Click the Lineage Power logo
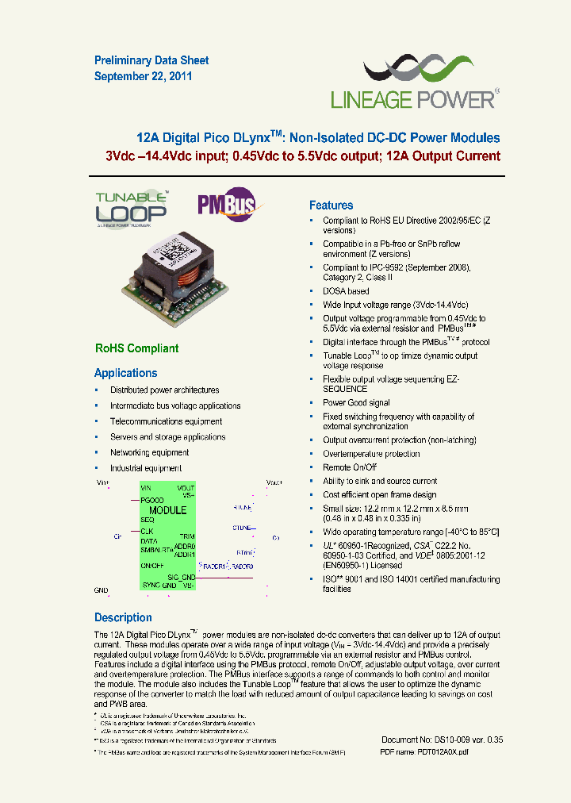pyautogui.click(x=414, y=84)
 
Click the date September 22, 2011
pyautogui.click(x=143, y=77)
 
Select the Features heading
pyautogui.click(x=331, y=205)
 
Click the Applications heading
pyautogui.click(x=125, y=373)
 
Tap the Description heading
pyautogui.click(x=123, y=617)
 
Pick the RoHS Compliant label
pyautogui.click(x=136, y=348)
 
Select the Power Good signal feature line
pyautogui.click(x=356, y=403)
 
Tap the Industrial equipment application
pyautogui.click(x=146, y=468)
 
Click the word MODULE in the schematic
pyautogui.click(x=167, y=510)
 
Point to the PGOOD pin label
pyautogui.click(x=152, y=501)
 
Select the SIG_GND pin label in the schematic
pyautogui.click(x=182, y=577)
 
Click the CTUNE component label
pyautogui.click(x=242, y=527)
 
